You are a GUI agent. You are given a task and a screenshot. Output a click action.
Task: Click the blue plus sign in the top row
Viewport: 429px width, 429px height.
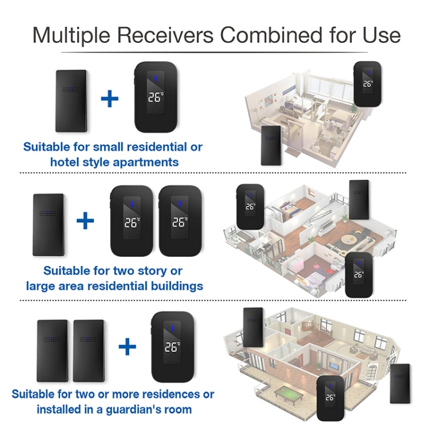click(x=109, y=98)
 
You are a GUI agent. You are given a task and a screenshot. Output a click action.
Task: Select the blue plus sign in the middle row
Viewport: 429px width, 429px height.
click(x=85, y=220)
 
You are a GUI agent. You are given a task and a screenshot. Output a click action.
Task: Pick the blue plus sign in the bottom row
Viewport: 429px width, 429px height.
click(x=127, y=345)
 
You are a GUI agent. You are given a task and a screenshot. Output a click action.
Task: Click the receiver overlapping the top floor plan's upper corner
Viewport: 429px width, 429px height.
click(x=367, y=84)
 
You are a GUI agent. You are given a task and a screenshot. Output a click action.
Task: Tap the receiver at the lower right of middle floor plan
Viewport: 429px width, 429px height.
click(x=358, y=275)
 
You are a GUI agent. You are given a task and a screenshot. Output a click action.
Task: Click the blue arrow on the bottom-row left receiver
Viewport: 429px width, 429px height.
click(x=171, y=330)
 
